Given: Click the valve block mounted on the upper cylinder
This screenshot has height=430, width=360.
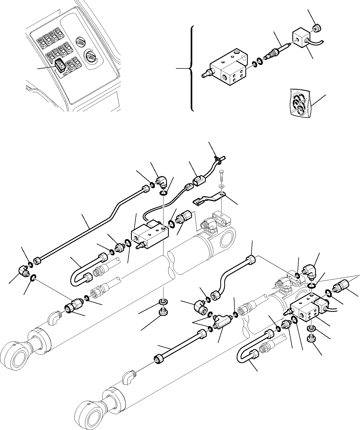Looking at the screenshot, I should (x=149, y=234).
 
